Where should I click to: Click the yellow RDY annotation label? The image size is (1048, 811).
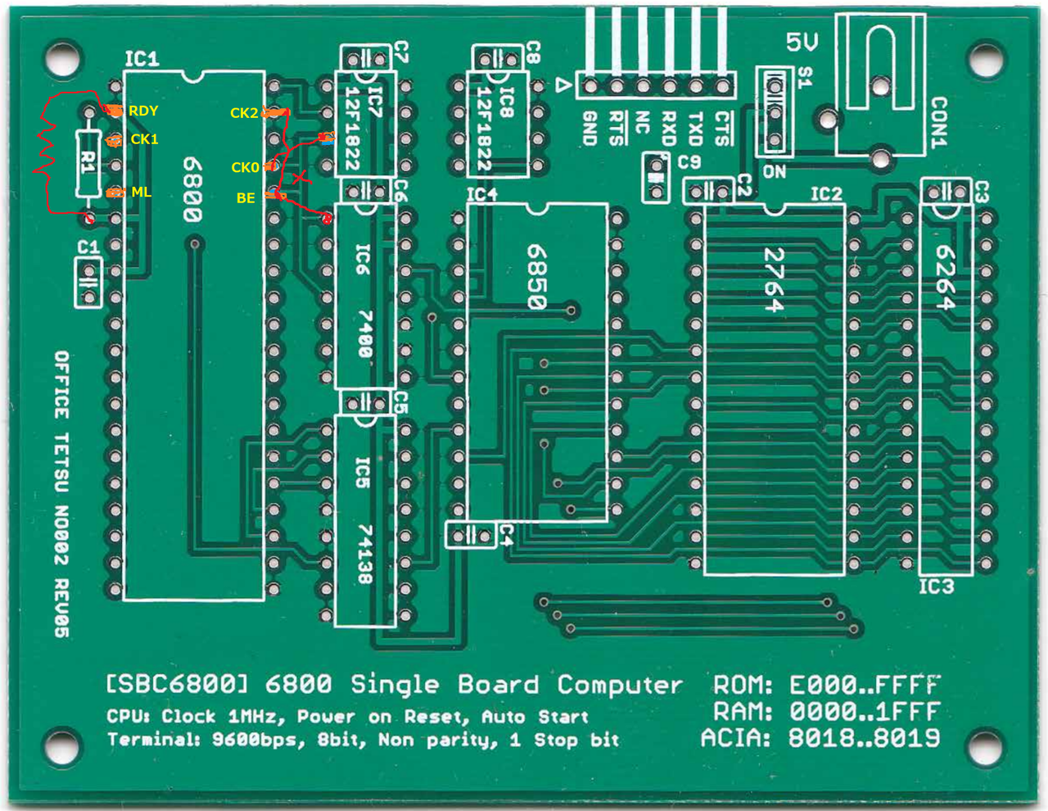click(x=143, y=111)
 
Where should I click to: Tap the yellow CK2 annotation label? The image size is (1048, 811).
click(x=244, y=113)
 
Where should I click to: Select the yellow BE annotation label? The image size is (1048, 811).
click(x=246, y=198)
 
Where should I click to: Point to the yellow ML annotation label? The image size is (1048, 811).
click(x=141, y=192)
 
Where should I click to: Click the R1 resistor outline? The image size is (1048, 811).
click(x=88, y=163)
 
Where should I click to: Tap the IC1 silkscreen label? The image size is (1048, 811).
click(x=142, y=59)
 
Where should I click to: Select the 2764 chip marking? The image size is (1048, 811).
click(x=774, y=279)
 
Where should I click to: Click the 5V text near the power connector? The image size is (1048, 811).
click(x=802, y=42)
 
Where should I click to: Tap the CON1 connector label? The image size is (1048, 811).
click(x=939, y=123)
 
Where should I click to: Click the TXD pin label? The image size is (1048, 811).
click(x=695, y=129)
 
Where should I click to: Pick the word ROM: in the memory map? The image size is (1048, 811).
click(x=743, y=686)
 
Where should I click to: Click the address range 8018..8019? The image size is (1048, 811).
click(x=864, y=738)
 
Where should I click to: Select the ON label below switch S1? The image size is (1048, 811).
click(x=774, y=172)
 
